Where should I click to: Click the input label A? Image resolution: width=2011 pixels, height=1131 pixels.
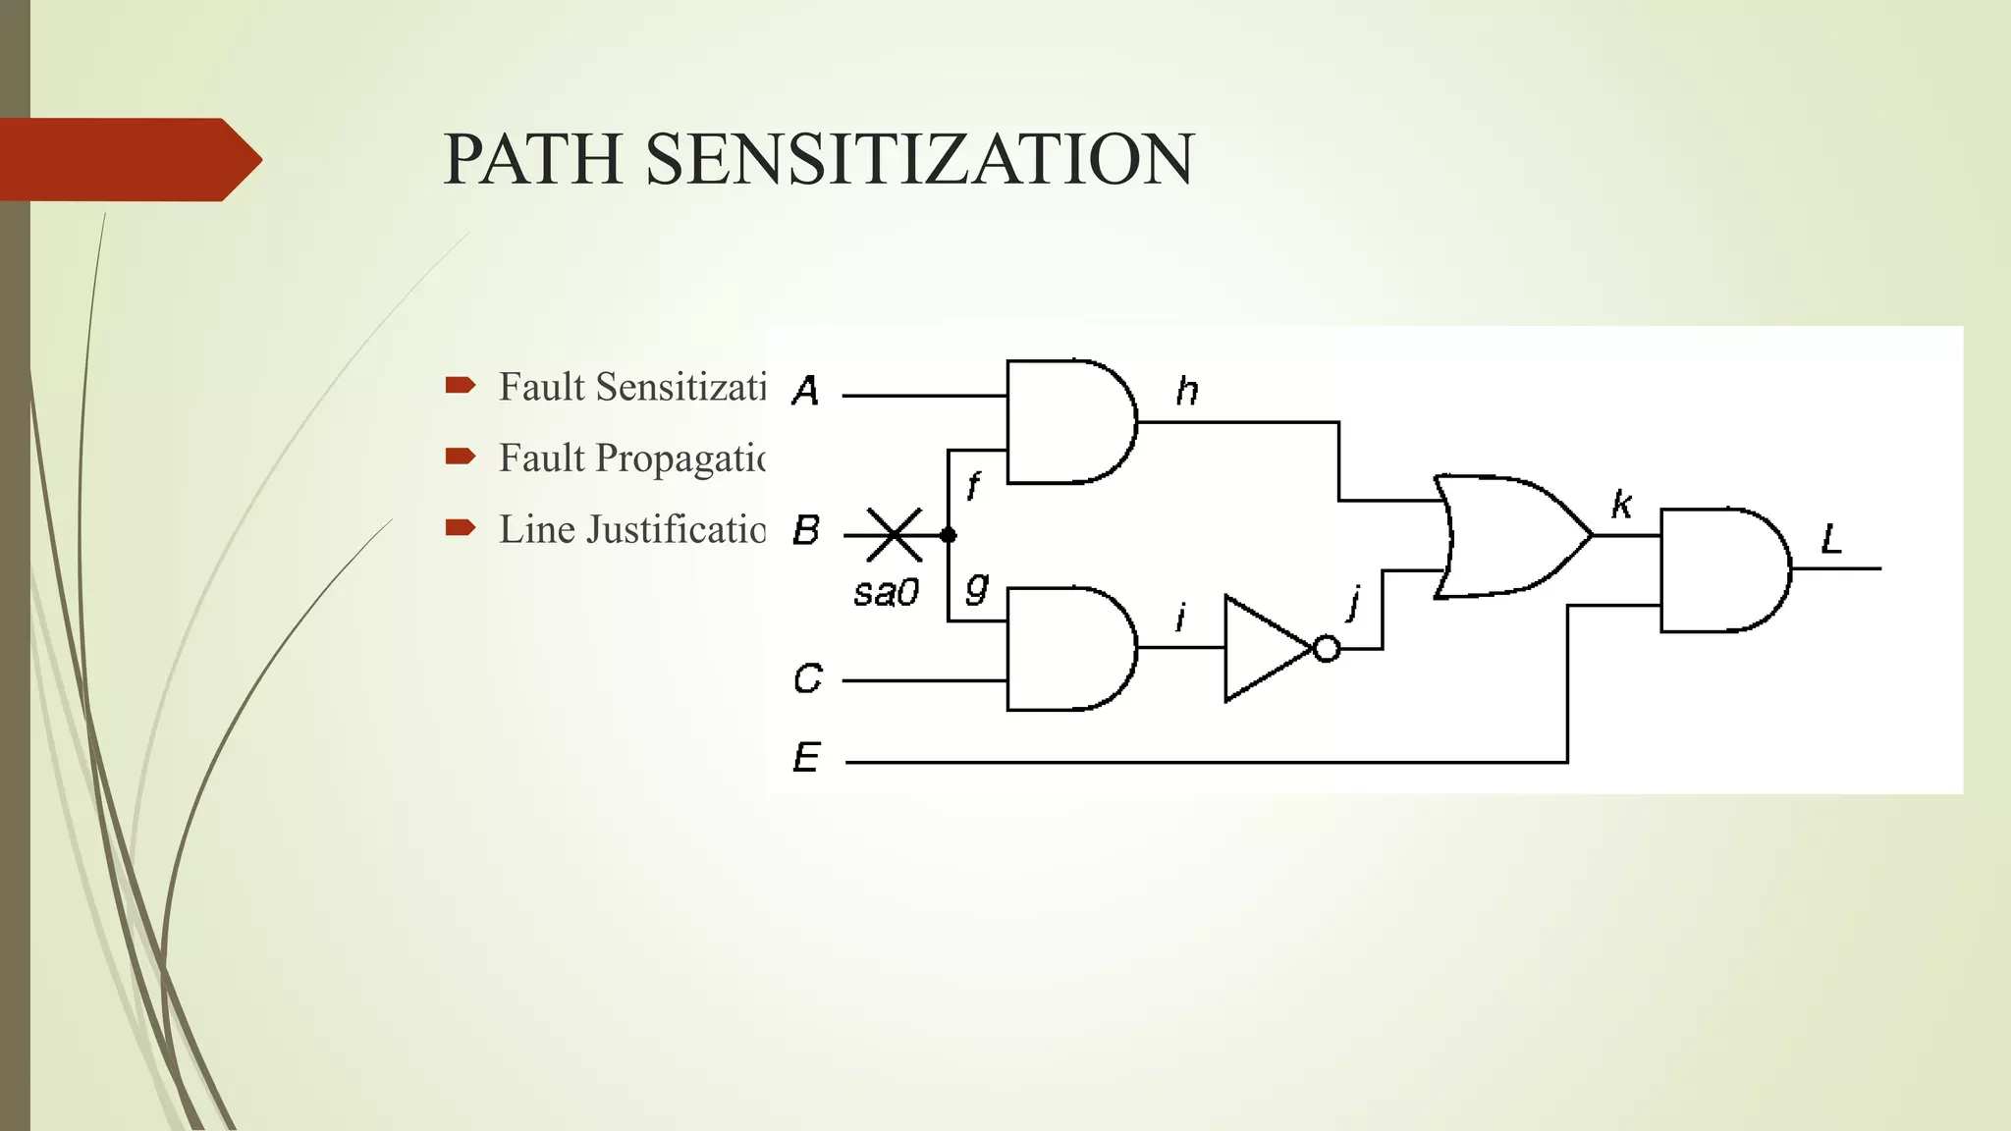tap(805, 391)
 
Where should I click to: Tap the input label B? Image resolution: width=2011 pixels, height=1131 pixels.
tap(806, 531)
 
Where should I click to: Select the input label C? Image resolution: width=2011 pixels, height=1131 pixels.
tap(807, 678)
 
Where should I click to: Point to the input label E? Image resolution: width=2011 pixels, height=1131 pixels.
tap(806, 758)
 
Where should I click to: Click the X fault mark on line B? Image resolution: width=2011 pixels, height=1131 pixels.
tap(894, 535)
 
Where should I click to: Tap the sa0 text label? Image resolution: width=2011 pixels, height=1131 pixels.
tap(886, 593)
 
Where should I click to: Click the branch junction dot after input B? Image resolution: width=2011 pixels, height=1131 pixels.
tap(948, 535)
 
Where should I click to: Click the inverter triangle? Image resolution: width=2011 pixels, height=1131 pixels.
tap(1262, 649)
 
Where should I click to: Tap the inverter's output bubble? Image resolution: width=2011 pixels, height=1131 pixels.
tap(1327, 649)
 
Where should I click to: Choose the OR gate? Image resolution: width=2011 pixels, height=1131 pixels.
tap(1507, 536)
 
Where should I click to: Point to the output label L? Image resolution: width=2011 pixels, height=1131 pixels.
tap(1831, 539)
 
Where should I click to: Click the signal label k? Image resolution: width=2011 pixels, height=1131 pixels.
tap(1621, 505)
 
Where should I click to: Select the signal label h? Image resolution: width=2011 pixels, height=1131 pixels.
tap(1187, 392)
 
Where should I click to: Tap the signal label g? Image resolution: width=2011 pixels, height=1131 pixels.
tap(976, 588)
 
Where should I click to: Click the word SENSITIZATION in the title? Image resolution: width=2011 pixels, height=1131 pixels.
tap(919, 159)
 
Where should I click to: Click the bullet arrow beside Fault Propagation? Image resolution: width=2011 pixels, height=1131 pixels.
tap(460, 457)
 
